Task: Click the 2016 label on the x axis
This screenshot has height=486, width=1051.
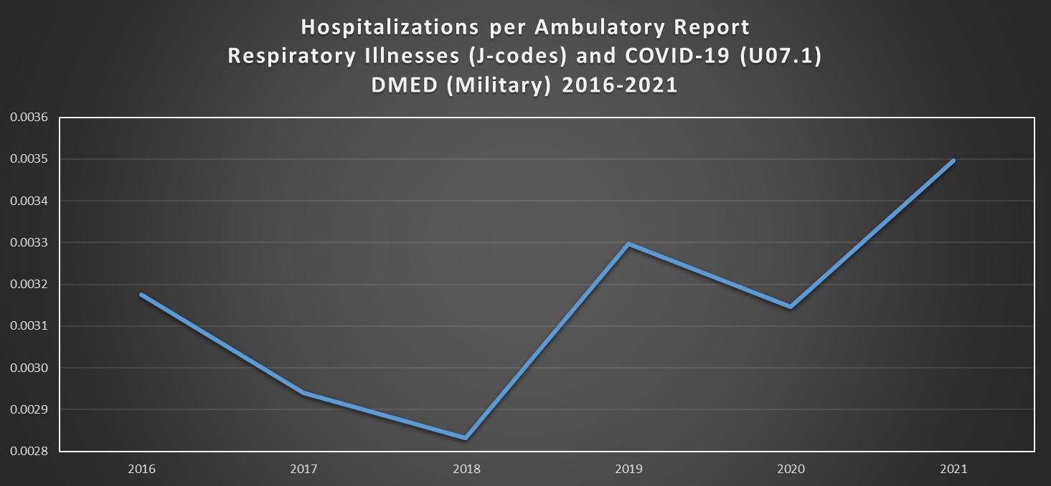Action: (x=142, y=469)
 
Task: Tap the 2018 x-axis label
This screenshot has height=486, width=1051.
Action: (x=466, y=469)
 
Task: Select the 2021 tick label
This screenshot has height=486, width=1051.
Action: (x=953, y=469)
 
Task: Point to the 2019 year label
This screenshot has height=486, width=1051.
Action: (x=628, y=469)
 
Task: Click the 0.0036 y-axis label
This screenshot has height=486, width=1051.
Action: (x=29, y=117)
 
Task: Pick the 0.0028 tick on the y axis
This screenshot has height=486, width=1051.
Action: (x=29, y=452)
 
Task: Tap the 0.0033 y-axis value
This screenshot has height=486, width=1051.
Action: (x=29, y=242)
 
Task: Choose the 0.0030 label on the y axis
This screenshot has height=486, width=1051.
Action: (x=29, y=368)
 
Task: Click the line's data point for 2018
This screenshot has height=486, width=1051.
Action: (x=466, y=438)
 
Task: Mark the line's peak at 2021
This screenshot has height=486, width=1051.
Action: (x=953, y=161)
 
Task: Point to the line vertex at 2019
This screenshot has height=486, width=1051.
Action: (x=628, y=244)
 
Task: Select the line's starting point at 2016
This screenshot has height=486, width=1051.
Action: (x=141, y=295)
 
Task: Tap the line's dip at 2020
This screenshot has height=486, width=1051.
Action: (x=791, y=307)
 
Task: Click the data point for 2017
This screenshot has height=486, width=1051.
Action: (x=303, y=393)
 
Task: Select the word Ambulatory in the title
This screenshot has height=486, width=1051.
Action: (x=600, y=28)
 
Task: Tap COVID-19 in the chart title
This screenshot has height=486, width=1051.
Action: (x=677, y=56)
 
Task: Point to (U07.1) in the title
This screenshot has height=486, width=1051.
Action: (x=781, y=57)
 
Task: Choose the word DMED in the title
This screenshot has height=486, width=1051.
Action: (x=405, y=85)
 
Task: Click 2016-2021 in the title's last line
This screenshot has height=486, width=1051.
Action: (x=620, y=85)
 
